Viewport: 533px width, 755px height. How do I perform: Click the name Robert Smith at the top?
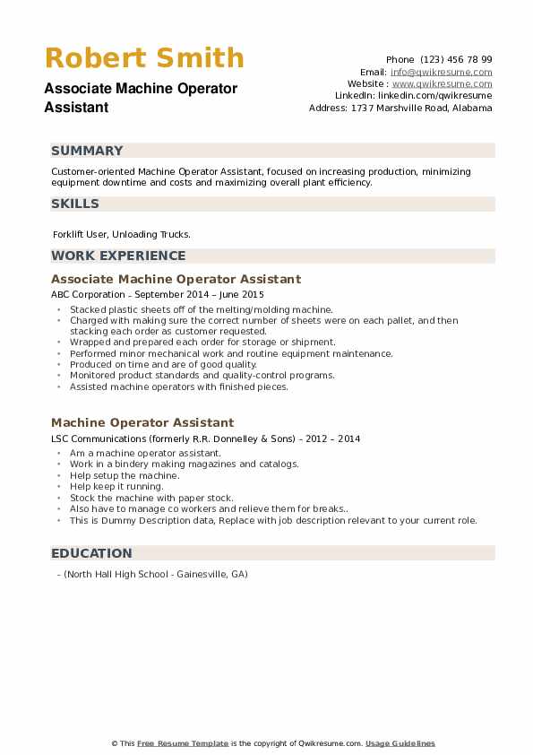pyautogui.click(x=144, y=58)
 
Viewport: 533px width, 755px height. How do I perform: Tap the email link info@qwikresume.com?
pyautogui.click(x=441, y=72)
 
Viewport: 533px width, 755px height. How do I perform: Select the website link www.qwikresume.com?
pyautogui.click(x=442, y=83)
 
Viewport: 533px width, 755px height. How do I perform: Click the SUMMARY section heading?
pyautogui.click(x=87, y=151)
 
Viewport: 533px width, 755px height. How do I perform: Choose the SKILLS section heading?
pyautogui.click(x=75, y=204)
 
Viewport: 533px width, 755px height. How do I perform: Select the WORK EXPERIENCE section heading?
pyautogui.click(x=118, y=256)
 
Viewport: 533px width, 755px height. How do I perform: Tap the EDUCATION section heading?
pyautogui.click(x=91, y=553)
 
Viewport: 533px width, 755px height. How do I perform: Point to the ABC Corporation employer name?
pyautogui.click(x=85, y=294)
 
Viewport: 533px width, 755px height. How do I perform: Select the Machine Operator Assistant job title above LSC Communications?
pyautogui.click(x=142, y=422)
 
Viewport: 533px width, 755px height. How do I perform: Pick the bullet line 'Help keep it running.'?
pyautogui.click(x=116, y=487)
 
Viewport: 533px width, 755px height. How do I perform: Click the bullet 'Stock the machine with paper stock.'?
pyautogui.click(x=139, y=498)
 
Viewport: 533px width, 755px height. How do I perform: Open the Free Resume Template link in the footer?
pyautogui.click(x=183, y=743)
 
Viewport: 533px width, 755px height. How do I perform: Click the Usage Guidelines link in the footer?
pyautogui.click(x=400, y=743)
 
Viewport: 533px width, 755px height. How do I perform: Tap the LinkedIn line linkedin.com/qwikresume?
pyautogui.click(x=414, y=95)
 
